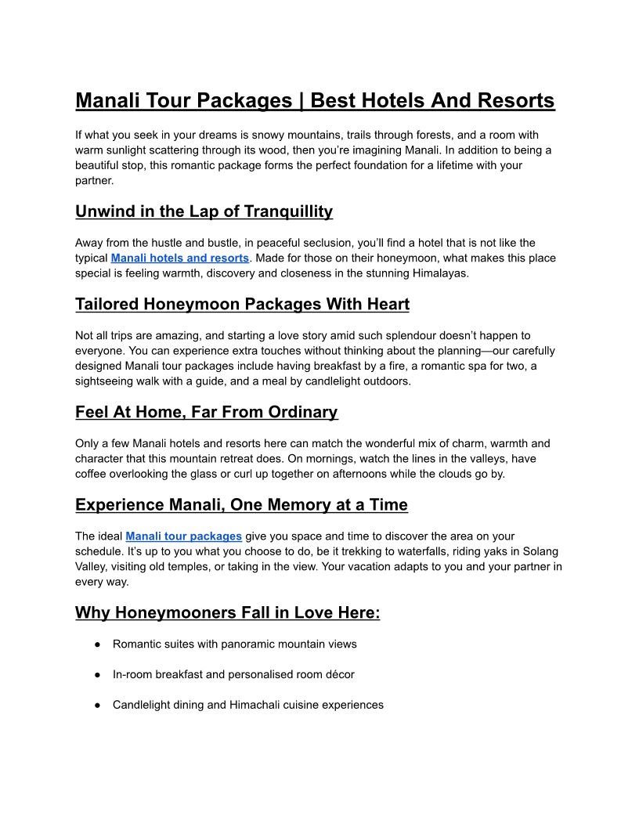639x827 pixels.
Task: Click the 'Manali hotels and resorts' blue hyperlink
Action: [x=180, y=258]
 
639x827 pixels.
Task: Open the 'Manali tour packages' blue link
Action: [x=183, y=536]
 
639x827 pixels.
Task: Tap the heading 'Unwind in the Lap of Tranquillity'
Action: [x=204, y=211]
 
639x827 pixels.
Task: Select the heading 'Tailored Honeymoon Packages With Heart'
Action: [x=242, y=304]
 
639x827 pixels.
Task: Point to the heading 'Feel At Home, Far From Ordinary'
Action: [x=206, y=412]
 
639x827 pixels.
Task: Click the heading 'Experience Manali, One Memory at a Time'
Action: [x=241, y=505]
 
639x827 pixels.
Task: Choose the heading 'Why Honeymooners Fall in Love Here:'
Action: [x=227, y=612]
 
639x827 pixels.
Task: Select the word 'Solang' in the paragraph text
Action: [x=536, y=552]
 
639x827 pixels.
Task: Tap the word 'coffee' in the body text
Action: [x=92, y=474]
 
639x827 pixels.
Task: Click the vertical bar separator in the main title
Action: [x=301, y=101]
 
